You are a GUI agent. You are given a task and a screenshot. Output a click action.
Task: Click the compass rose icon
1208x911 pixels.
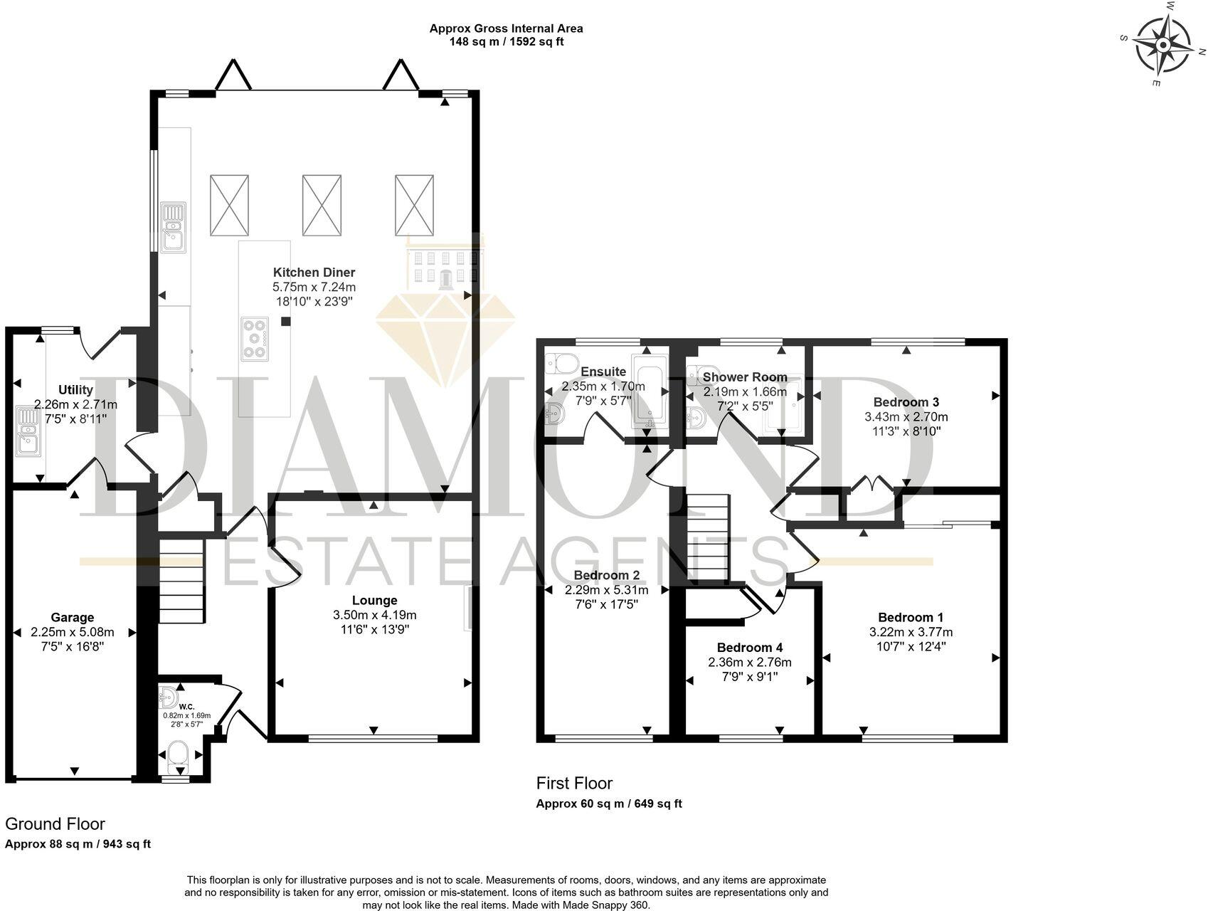coord(1163,46)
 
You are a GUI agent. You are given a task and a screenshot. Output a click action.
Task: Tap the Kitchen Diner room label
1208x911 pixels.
coord(314,272)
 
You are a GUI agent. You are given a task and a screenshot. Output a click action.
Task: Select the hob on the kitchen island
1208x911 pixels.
coord(255,339)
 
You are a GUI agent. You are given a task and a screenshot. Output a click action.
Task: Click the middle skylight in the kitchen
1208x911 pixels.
coord(322,205)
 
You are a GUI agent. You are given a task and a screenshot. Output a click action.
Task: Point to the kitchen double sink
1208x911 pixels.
coord(173,227)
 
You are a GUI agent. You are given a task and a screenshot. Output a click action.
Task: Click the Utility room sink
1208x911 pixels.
coord(29,431)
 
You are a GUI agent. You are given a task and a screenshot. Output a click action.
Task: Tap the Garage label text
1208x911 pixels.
coord(72,617)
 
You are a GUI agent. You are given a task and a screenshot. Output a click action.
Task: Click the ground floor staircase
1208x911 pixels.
coord(181,580)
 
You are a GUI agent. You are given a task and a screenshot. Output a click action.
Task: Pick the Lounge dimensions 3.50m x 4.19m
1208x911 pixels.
coord(374,615)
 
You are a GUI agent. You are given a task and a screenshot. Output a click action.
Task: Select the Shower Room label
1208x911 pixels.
coord(745,377)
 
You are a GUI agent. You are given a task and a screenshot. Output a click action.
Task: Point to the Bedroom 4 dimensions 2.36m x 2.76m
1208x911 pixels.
coord(749,662)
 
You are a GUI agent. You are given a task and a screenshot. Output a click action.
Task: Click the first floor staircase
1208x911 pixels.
coord(708,538)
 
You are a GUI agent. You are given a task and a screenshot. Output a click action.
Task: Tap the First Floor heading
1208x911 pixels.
coord(573,783)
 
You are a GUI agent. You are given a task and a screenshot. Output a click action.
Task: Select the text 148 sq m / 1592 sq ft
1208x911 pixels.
coord(506,41)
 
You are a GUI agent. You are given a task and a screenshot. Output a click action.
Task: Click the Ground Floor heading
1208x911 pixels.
coord(55,823)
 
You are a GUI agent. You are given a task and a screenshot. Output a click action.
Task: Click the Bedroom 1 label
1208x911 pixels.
coord(911,617)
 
